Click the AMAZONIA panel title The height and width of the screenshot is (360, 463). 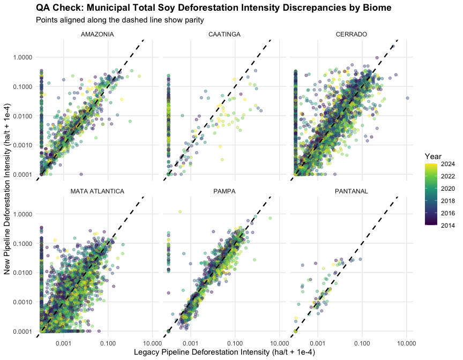tap(97, 34)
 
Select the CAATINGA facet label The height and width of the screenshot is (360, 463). tap(225, 34)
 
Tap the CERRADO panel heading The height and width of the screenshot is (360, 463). tap(352, 34)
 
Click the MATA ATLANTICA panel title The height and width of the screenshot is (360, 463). tap(97, 191)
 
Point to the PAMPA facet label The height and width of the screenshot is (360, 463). tap(225, 191)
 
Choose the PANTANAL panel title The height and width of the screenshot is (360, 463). tap(352, 191)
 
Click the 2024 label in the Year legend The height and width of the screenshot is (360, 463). tap(447, 164)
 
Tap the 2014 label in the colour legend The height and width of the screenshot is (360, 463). tap(447, 226)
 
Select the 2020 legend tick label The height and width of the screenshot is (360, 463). tap(447, 189)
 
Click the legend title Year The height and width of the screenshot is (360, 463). tap(433, 156)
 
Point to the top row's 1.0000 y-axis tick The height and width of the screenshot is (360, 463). tap(23, 57)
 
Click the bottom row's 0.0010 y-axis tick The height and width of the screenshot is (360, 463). tap(23, 302)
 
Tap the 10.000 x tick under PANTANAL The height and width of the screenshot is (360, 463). tap(406, 343)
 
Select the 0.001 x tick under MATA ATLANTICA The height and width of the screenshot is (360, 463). tap(64, 343)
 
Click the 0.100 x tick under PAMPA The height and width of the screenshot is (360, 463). tap(235, 343)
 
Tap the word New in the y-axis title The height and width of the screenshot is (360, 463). tap(7, 267)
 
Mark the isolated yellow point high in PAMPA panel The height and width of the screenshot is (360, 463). tap(180, 212)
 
